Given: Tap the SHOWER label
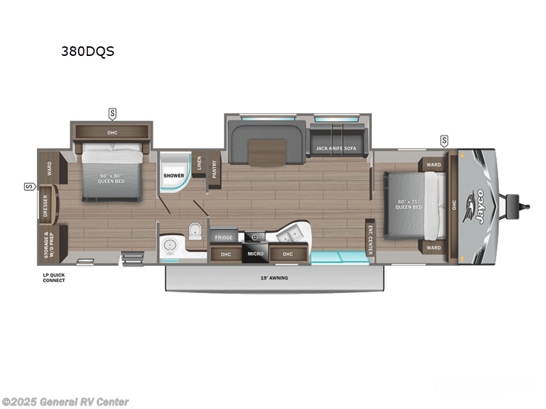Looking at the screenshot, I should pyautogui.click(x=173, y=175).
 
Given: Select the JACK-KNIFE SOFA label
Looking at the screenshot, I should pyautogui.click(x=336, y=148).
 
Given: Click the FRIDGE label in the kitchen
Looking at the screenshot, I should pyautogui.click(x=224, y=237).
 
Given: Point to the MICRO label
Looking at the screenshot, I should pyautogui.click(x=256, y=254).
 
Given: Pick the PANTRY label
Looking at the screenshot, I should pyautogui.click(x=214, y=169).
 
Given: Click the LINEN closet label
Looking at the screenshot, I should pyautogui.click(x=199, y=163).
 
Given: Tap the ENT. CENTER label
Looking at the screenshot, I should pyautogui.click(x=370, y=239).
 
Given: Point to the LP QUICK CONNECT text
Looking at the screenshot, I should pyautogui.click(x=53, y=277).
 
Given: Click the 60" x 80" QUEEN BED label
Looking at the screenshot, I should pyautogui.click(x=113, y=179).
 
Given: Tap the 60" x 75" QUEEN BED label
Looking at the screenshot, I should pyautogui.click(x=409, y=204).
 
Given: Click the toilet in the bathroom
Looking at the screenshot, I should pyautogui.click(x=195, y=230).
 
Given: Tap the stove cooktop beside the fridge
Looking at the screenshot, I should pyautogui.click(x=256, y=237).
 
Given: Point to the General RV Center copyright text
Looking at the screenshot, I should pyautogui.click(x=66, y=402).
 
